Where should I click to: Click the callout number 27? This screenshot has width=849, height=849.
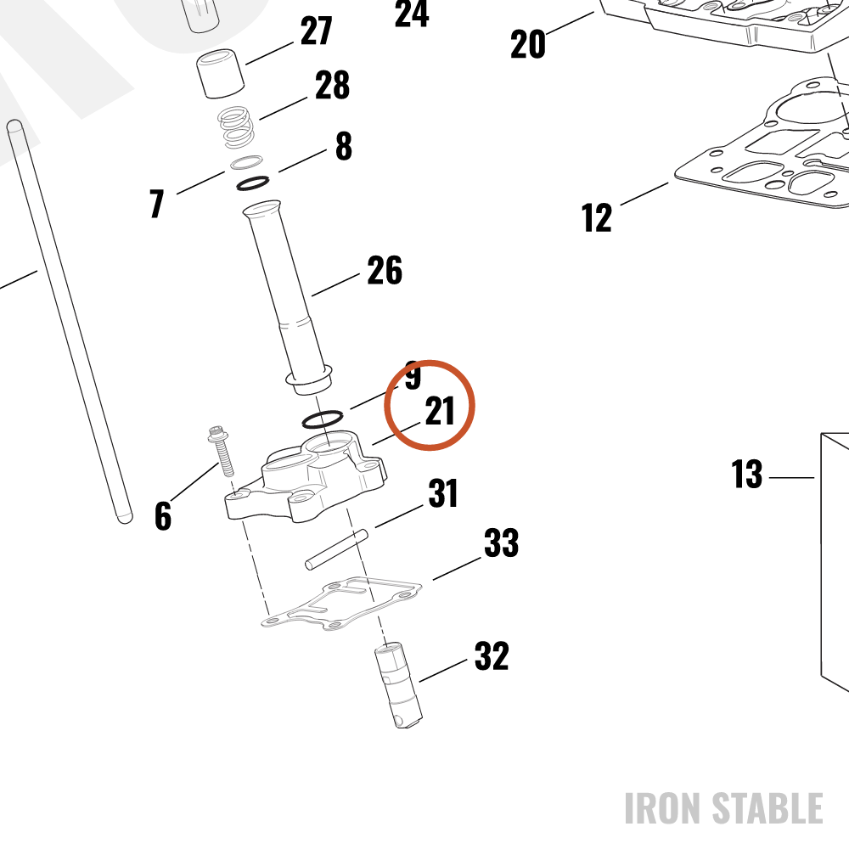(x=316, y=31)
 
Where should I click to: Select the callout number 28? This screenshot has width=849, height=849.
(x=333, y=85)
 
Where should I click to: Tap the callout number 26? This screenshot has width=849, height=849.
(x=385, y=270)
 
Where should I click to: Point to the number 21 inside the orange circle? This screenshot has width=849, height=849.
(x=440, y=411)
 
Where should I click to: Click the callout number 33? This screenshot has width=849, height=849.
(x=501, y=543)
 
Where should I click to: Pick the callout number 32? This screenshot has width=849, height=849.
(x=492, y=656)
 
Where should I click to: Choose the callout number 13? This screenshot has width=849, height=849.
(x=746, y=474)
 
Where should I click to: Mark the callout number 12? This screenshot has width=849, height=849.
(x=597, y=217)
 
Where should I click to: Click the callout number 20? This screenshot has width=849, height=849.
(x=528, y=44)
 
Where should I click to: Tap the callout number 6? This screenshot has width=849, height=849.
(x=163, y=515)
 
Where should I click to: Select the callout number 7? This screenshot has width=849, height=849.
(x=157, y=203)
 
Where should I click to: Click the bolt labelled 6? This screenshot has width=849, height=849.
(x=222, y=452)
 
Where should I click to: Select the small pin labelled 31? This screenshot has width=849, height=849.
(x=336, y=549)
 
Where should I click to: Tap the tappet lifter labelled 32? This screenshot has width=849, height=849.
(x=398, y=685)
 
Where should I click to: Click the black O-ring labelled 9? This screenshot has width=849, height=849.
(x=322, y=419)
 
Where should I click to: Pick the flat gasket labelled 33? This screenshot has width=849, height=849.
(x=341, y=603)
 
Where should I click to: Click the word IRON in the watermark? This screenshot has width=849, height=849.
(x=663, y=808)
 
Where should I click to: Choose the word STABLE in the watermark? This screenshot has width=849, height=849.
(x=767, y=808)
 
